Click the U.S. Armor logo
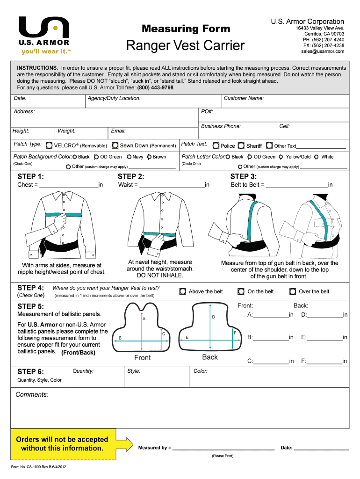tap(44, 35)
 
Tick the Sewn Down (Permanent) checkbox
tap(115, 145)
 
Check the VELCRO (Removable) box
tap(49, 145)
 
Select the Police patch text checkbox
tap(216, 145)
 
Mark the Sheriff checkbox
tap(241, 145)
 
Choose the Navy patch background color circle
tap(129, 157)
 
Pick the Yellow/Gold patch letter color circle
tap(281, 157)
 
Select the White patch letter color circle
tap(317, 157)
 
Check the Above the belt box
tap(183, 291)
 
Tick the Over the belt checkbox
tap(293, 291)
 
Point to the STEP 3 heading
tap(243, 176)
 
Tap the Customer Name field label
tap(244, 99)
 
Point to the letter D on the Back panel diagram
tap(213, 317)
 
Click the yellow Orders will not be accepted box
tap(62, 444)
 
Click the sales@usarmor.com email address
tap(323, 51)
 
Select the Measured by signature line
tap(223, 449)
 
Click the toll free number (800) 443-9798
tap(155, 87)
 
